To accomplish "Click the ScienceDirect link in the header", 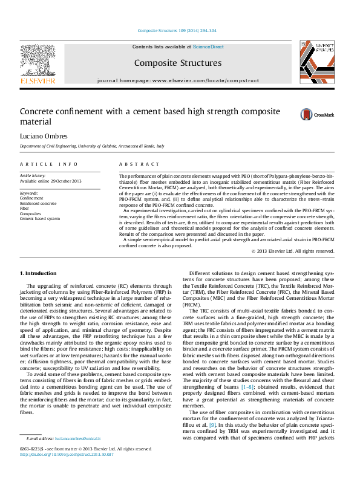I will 208,47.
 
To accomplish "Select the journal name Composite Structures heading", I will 177,63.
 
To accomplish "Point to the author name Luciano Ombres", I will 45,136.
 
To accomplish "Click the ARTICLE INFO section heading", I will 49,164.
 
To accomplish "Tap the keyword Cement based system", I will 40,218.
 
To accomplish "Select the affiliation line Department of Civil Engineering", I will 92,146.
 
